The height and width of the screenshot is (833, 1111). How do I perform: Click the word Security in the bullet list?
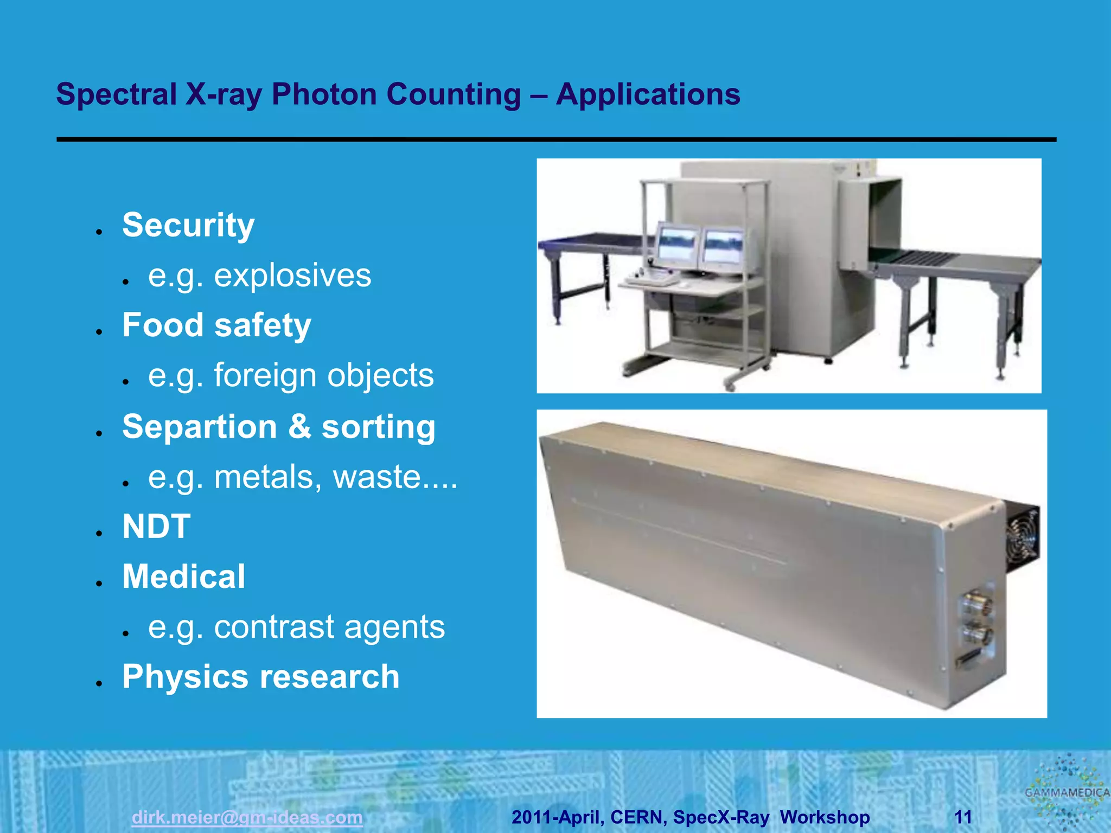click(x=188, y=225)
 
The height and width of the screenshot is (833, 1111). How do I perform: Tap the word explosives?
click(x=292, y=275)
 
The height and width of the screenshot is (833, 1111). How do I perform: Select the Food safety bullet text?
click(x=216, y=325)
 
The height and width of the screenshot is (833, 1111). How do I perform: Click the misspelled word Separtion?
click(x=199, y=427)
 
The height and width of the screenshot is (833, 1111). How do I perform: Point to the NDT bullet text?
click(x=156, y=526)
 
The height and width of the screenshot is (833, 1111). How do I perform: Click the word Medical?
click(x=183, y=576)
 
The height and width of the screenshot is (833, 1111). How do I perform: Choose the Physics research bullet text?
click(x=260, y=677)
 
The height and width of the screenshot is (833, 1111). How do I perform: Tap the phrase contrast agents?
click(x=329, y=627)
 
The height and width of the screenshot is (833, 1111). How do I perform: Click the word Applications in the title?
click(x=648, y=94)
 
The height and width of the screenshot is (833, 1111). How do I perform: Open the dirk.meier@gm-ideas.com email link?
click(x=247, y=817)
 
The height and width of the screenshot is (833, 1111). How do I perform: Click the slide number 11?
click(x=963, y=817)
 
